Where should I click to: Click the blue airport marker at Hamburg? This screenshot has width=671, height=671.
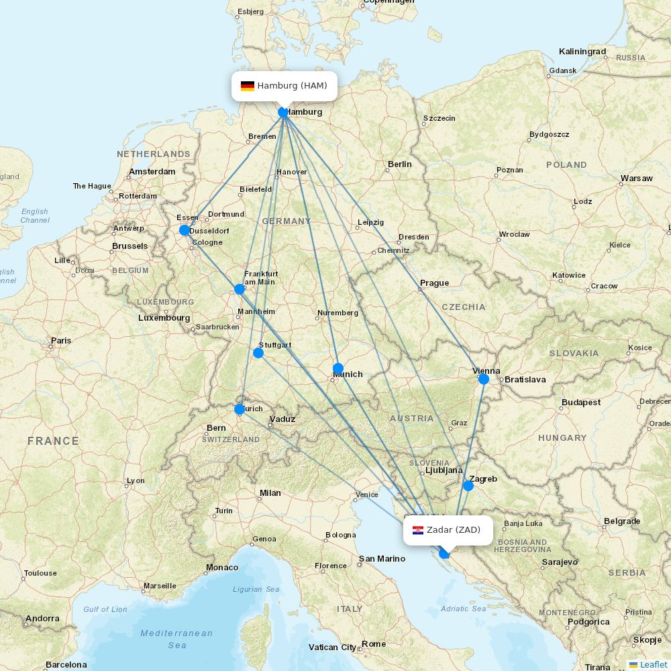(284, 112)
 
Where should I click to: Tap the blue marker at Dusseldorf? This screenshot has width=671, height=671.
(185, 230)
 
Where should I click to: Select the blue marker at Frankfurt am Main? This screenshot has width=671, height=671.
(240, 289)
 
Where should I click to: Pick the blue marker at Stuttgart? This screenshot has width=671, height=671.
(258, 352)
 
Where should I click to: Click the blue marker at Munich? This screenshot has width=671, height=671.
(338, 368)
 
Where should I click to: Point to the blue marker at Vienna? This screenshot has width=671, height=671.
(483, 379)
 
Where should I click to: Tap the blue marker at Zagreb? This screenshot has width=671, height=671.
(468, 486)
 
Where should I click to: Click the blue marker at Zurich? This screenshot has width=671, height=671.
(239, 409)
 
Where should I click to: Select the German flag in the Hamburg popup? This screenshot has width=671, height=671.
(248, 86)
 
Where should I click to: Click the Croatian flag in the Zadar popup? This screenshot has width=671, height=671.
(418, 530)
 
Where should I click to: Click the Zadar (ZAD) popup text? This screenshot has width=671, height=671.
(454, 530)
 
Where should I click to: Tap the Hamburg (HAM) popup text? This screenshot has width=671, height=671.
(292, 86)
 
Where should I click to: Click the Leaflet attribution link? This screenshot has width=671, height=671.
(653, 664)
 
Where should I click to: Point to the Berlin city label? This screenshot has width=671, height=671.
(399, 164)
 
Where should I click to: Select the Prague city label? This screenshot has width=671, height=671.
(434, 283)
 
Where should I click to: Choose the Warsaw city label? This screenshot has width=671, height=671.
(636, 178)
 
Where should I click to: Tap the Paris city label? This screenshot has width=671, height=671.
(60, 341)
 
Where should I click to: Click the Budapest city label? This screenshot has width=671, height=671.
(581, 403)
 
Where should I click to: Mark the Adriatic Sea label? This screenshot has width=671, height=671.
(463, 609)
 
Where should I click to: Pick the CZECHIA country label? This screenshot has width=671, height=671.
(463, 307)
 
